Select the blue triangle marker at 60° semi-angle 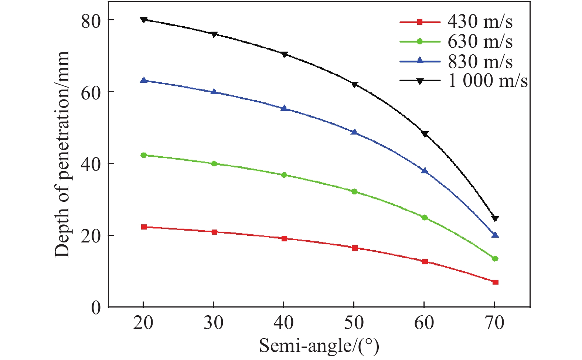click(x=425, y=170)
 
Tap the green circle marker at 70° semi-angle click(x=495, y=258)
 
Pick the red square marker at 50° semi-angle click(x=355, y=248)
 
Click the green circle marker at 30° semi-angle click(x=214, y=163)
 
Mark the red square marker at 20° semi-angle click(x=144, y=227)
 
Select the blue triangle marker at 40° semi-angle click(x=284, y=108)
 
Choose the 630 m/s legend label click(x=480, y=41)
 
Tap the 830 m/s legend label click(x=480, y=61)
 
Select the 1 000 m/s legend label click(x=487, y=81)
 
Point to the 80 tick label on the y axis click(x=91, y=22)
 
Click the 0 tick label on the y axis click(x=96, y=308)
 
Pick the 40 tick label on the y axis click(x=91, y=165)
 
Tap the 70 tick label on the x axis click(x=494, y=323)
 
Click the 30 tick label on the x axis click(x=214, y=323)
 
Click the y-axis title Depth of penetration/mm click(x=62, y=154)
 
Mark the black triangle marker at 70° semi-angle click(x=495, y=218)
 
